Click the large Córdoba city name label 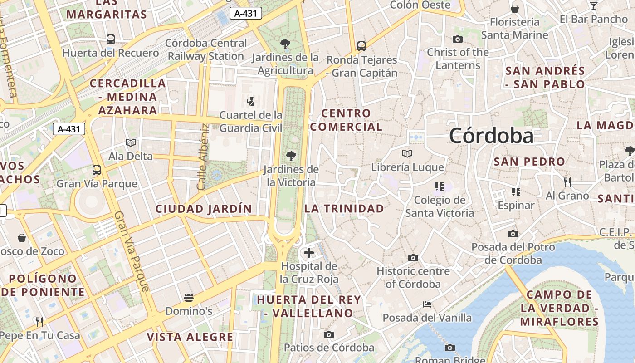(491, 136)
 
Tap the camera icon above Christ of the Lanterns (458, 39)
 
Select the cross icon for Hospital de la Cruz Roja (309, 253)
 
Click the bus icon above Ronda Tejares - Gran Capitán (361, 46)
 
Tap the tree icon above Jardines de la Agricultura (285, 44)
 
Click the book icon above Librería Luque (407, 154)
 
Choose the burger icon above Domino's (189, 298)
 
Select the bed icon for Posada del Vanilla (427, 304)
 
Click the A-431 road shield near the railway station (246, 14)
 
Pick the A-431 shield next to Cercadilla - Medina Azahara (69, 129)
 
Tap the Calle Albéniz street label (202, 157)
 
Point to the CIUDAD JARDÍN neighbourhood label (204, 209)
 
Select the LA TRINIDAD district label (344, 209)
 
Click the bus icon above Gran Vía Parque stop (97, 170)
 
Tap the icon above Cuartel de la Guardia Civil (250, 101)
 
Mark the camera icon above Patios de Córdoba (329, 335)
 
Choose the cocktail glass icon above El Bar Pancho (593, 5)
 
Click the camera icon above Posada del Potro (513, 234)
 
